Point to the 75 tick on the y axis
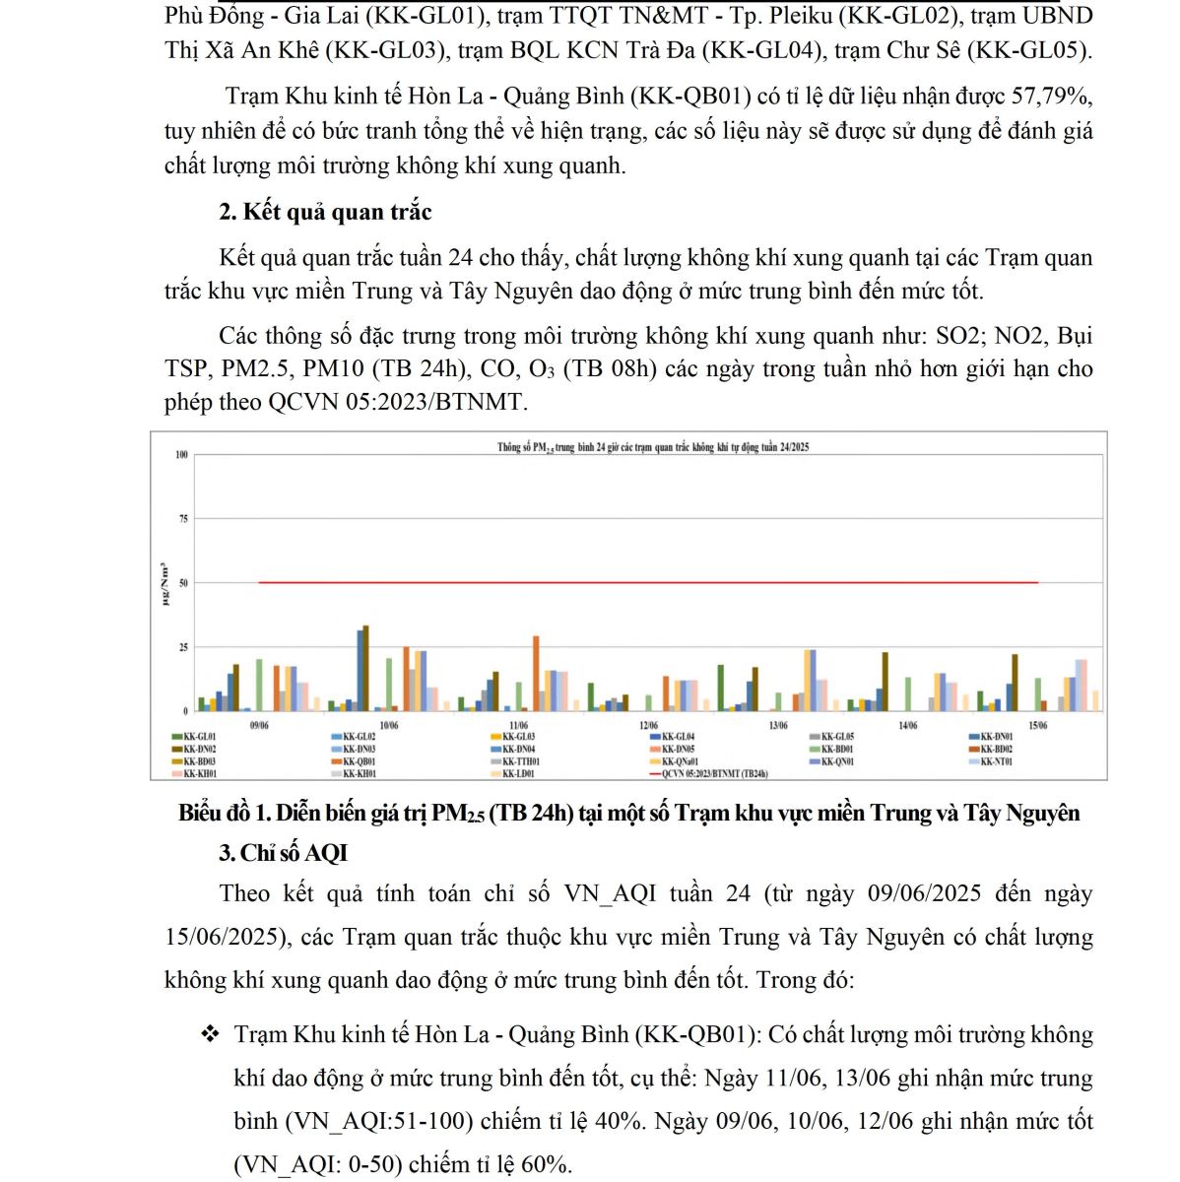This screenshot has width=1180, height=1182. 182,518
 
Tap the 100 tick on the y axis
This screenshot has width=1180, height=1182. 181,455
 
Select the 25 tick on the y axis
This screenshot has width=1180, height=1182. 182,647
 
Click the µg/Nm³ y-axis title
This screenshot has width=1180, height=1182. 164,582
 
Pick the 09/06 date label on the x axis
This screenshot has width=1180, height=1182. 259,726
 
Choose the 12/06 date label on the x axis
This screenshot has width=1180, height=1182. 648,726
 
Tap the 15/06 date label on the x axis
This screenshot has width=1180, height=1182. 1037,726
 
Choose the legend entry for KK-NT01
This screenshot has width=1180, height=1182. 997,761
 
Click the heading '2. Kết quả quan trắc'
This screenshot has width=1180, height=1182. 325,212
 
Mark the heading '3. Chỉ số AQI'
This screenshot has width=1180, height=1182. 284,853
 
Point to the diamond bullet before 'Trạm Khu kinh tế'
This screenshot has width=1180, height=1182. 210,1034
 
